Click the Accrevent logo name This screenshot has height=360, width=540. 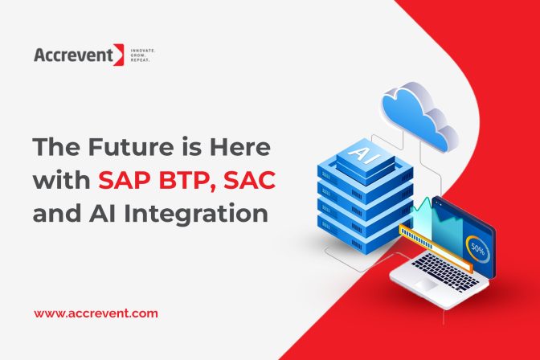click(x=74, y=55)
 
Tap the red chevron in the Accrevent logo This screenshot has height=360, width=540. click(x=119, y=55)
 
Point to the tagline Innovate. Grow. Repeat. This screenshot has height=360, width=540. click(x=142, y=55)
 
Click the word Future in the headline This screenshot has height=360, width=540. click(x=130, y=147)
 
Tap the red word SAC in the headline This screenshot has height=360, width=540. click(x=250, y=180)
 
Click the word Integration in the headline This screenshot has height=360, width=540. click(x=195, y=215)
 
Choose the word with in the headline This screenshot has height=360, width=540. click(x=62, y=180)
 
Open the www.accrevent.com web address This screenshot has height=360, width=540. click(x=96, y=313)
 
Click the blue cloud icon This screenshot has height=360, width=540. click(x=419, y=117)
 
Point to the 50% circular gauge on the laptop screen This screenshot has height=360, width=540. click(x=477, y=249)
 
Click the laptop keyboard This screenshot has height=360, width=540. click(x=444, y=271)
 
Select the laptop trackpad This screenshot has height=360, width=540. click(x=426, y=284)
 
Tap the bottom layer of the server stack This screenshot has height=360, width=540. click(x=364, y=235)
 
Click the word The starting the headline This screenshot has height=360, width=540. click(x=57, y=147)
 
